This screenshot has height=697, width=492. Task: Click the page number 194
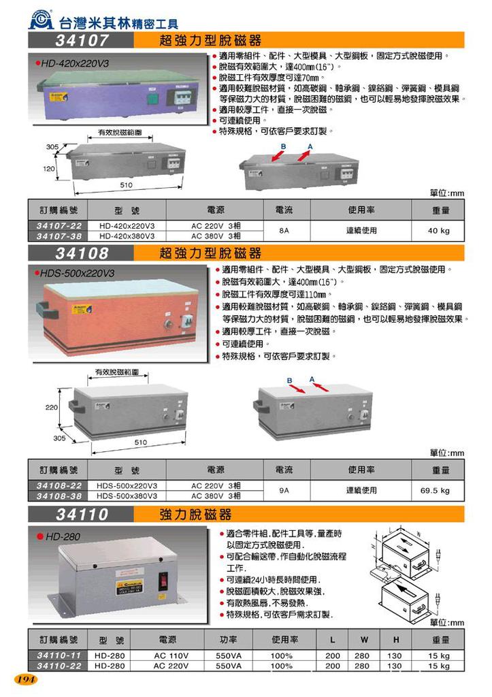[25, 679]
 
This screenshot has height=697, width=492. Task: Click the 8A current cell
[284, 231]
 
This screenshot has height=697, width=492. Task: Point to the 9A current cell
[284, 490]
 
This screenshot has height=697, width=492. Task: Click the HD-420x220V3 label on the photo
[76, 63]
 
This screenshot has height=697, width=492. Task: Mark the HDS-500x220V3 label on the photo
[80, 273]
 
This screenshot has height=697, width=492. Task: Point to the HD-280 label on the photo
[63, 536]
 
